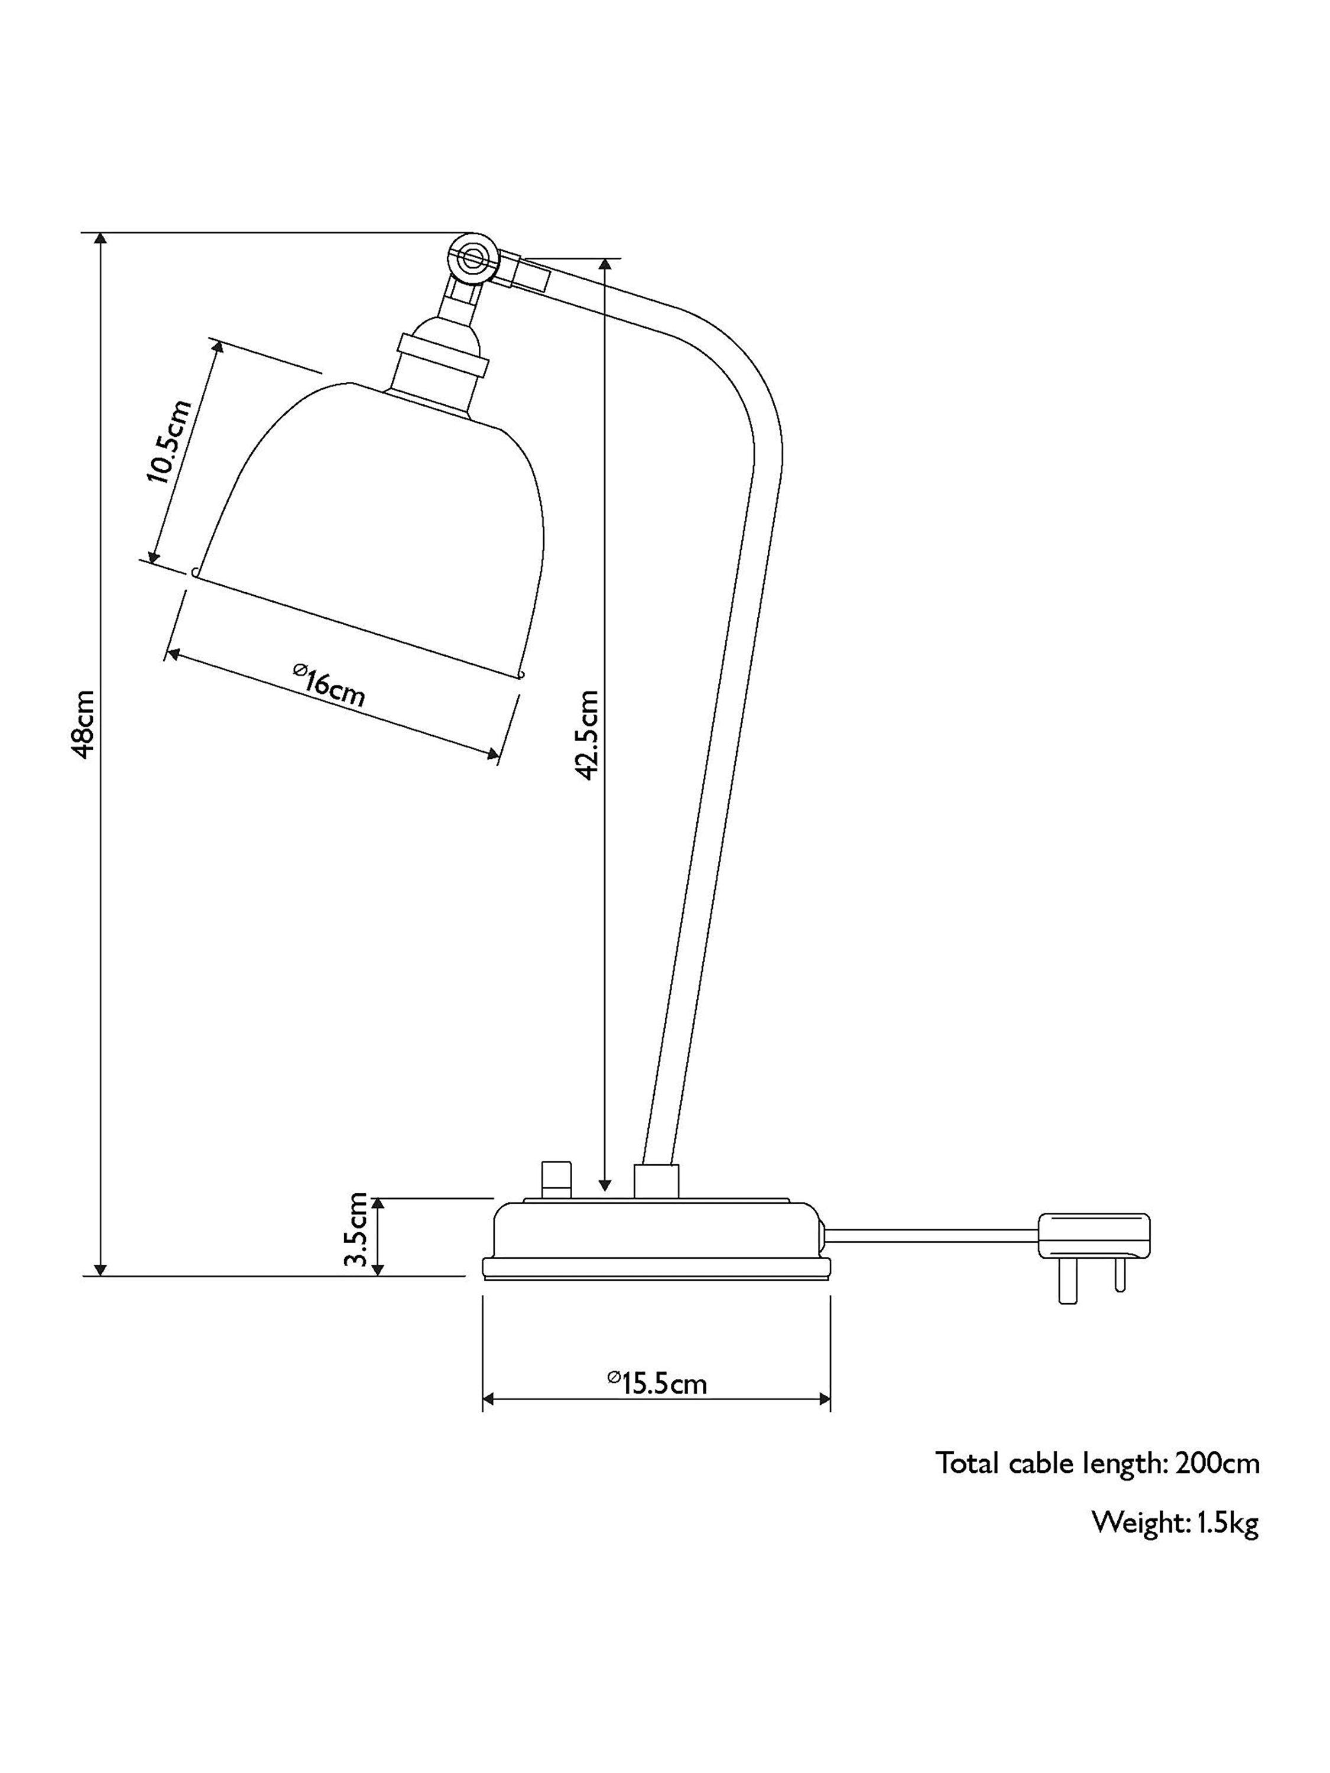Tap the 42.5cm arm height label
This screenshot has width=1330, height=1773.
[588, 734]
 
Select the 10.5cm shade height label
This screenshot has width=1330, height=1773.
[169, 441]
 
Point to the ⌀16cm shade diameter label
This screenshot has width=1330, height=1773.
[329, 687]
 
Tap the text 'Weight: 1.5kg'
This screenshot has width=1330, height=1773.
[1175, 1523]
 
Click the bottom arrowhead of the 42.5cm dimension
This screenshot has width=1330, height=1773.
[606, 1184]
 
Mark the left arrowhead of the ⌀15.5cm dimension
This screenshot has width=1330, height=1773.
[488, 1400]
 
